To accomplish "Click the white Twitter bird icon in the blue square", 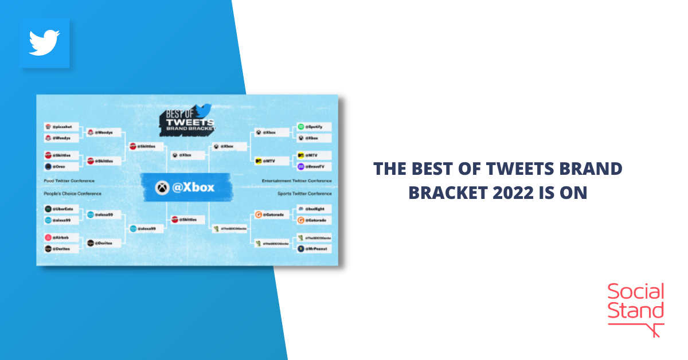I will (45, 43).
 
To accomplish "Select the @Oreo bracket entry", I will (60, 167).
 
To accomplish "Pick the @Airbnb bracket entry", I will (60, 237).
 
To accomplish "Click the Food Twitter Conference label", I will (69, 181).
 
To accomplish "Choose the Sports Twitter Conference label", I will (304, 194).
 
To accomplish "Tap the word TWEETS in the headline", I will (505, 169).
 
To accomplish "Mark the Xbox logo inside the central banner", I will (162, 187).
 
